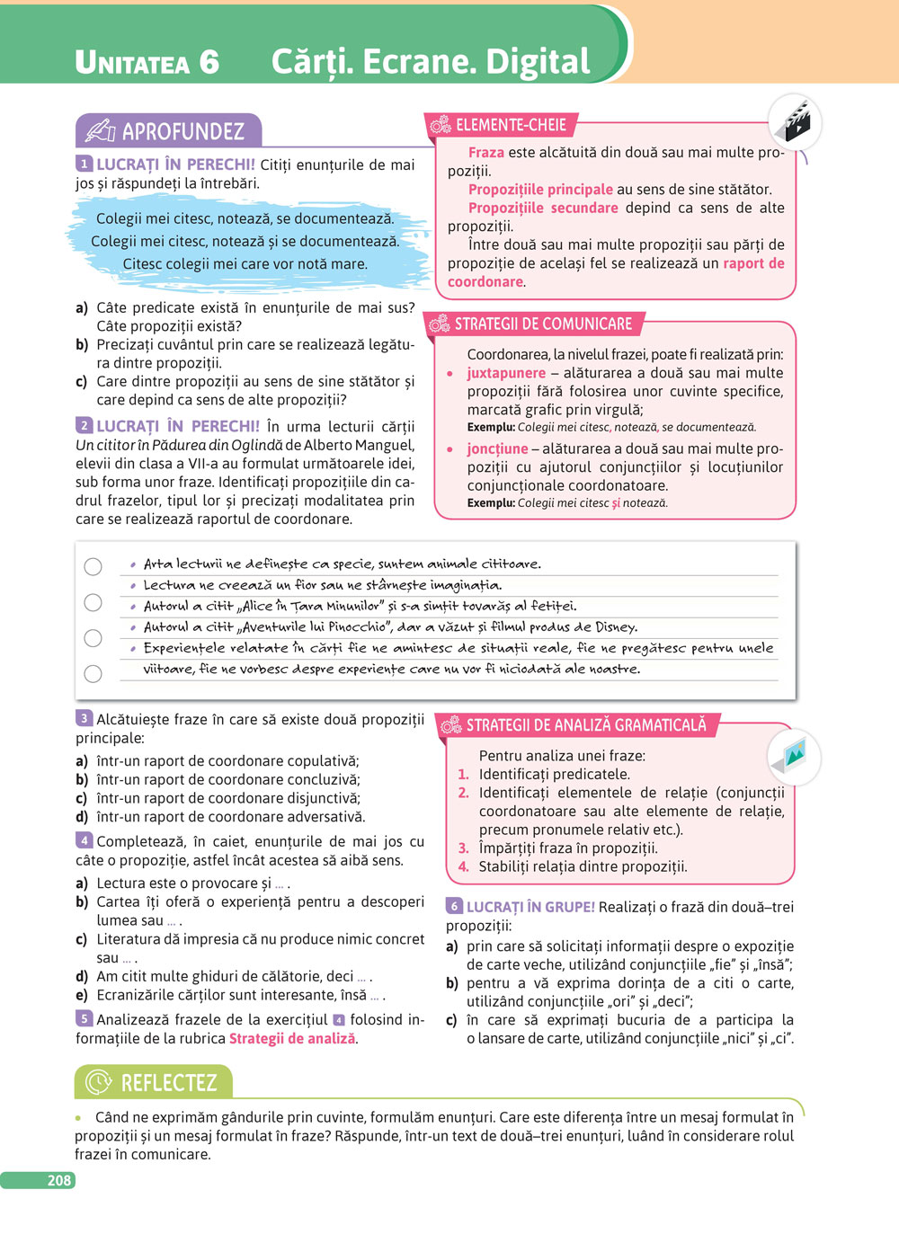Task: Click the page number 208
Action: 59,1180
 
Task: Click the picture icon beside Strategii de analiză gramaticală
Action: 795,755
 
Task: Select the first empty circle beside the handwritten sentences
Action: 93,566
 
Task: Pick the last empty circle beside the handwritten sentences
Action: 93,673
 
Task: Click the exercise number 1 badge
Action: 85,164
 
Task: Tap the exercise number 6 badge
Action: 455,907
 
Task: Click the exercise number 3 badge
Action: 85,719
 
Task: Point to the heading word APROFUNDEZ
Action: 183,132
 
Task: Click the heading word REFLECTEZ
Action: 169,1083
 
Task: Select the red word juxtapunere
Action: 506,373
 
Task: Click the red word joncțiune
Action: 497,448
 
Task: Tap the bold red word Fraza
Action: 485,153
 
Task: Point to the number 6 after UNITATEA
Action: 209,62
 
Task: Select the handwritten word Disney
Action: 615,627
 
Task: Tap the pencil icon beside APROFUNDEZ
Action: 100,132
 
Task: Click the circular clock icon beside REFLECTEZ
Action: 98,1083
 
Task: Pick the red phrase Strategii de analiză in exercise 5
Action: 292,1039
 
